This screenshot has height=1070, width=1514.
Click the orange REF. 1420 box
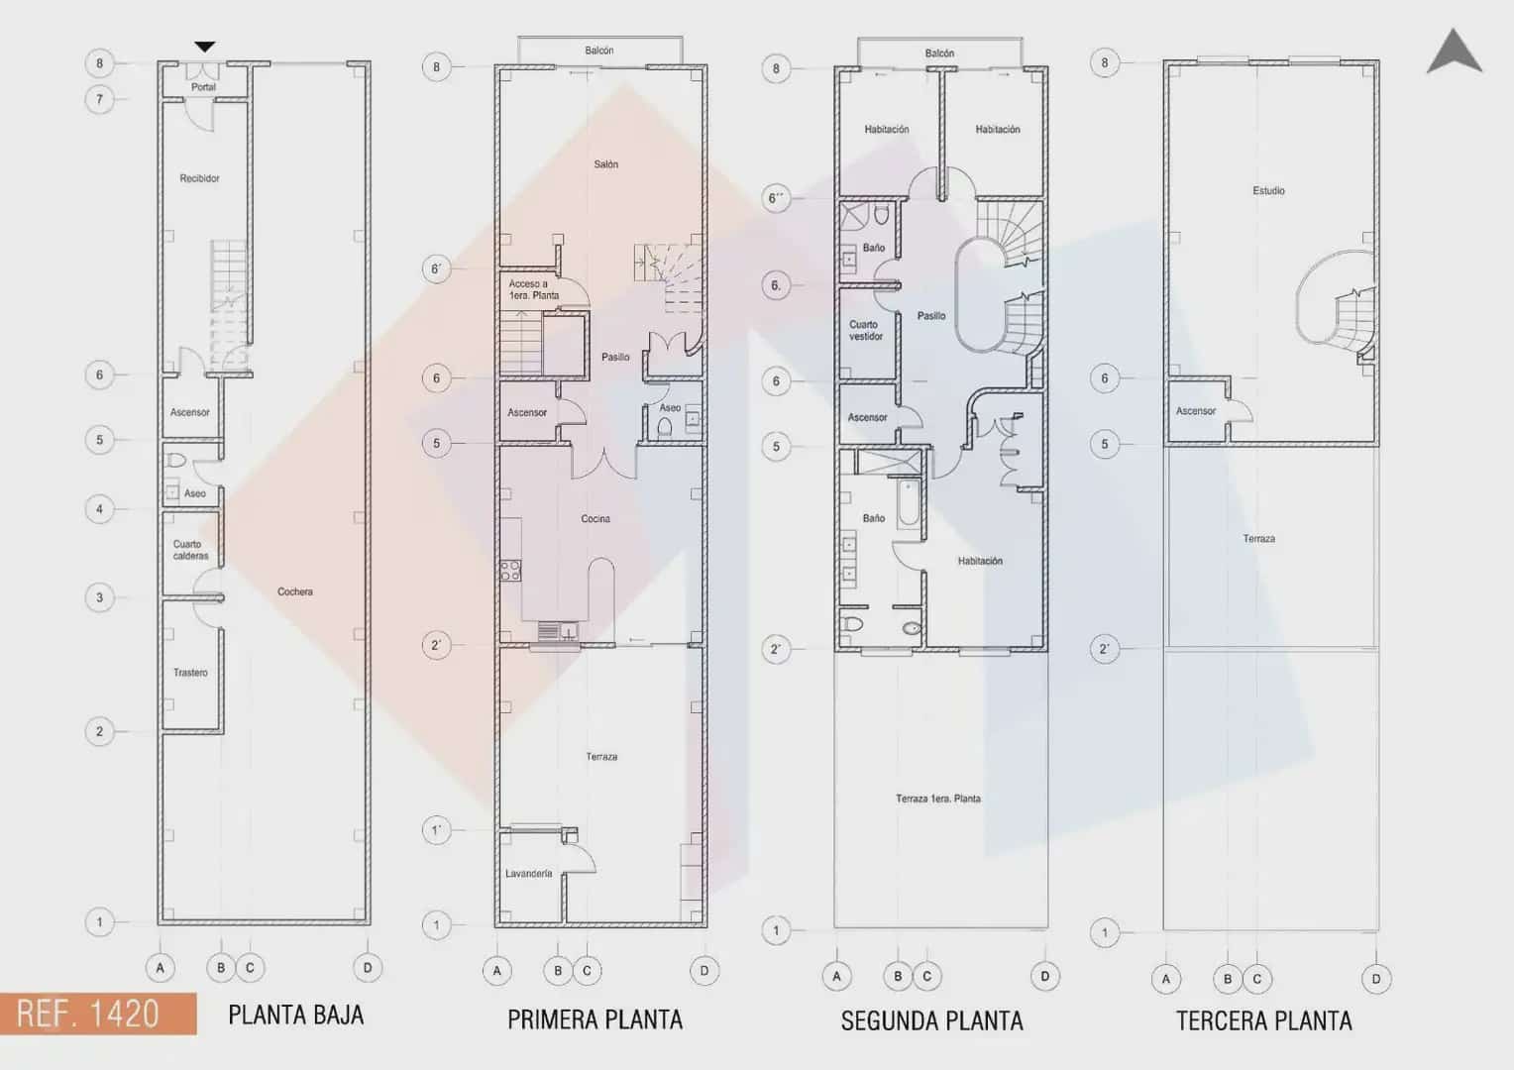[97, 1014]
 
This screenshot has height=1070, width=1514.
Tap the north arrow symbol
[1454, 53]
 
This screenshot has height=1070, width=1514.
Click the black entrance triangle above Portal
[204, 47]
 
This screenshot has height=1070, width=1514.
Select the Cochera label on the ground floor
[295, 591]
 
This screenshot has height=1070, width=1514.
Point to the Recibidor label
[199, 178]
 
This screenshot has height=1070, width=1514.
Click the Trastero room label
[190, 673]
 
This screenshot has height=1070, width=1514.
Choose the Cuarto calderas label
[190, 550]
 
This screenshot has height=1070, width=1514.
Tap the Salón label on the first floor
[605, 164]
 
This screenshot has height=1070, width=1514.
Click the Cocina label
[595, 519]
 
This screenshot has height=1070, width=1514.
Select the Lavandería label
[528, 874]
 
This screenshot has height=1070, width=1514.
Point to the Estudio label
[1268, 190]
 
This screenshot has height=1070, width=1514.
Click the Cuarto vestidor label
[865, 330]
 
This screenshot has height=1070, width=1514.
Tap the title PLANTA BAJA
[295, 1016]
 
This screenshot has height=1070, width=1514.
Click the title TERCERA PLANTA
[1263, 1020]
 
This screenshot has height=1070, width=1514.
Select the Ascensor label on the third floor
[1195, 411]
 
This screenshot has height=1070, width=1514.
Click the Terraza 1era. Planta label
[937, 799]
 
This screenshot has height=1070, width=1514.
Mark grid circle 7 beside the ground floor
[99, 99]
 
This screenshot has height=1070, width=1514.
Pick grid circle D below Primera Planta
[704, 971]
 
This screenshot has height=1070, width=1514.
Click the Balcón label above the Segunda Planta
[939, 53]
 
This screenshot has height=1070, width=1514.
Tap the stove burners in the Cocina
[510, 571]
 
